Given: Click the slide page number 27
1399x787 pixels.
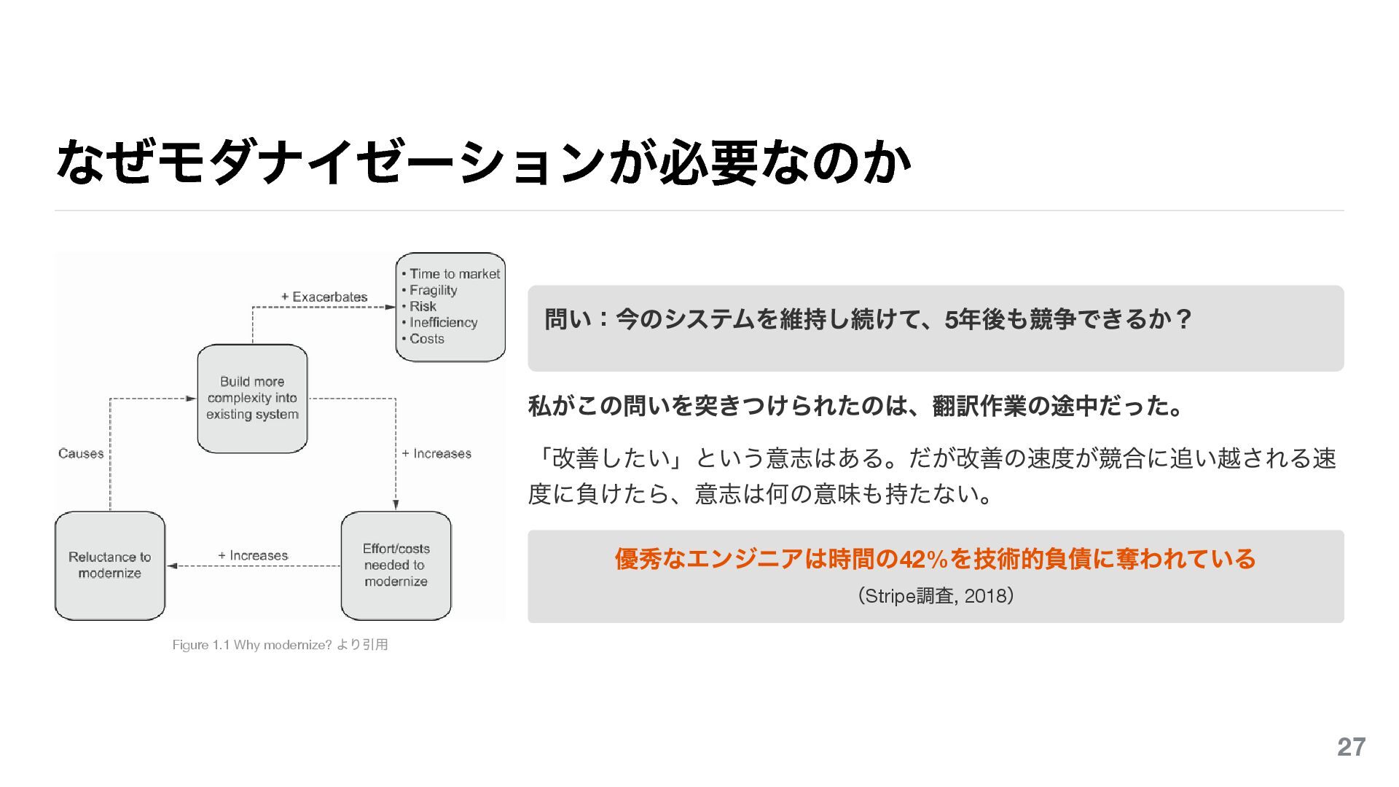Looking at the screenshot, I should click(1351, 747).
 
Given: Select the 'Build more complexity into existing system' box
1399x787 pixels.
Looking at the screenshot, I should click(252, 398).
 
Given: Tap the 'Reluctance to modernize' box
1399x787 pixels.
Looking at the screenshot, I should click(110, 565).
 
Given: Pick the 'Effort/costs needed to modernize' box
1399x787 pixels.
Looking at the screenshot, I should click(396, 565).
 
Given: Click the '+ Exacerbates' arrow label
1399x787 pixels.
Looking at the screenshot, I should click(324, 297).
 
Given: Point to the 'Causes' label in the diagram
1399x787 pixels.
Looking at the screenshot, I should click(81, 453).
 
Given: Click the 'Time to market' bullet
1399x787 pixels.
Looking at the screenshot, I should click(454, 274).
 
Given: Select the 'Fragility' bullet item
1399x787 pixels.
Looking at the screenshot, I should click(433, 290).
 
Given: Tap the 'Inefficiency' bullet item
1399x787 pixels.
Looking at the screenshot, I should click(443, 322).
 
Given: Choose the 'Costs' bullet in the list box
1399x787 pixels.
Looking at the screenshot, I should click(426, 339).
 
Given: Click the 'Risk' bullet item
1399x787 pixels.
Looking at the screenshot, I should click(423, 306).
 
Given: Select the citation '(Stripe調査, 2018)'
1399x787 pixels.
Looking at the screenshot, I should click(936, 596).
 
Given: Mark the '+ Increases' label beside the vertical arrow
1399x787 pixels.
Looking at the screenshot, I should click(436, 453).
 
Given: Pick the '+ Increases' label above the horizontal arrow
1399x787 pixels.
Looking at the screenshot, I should click(253, 555).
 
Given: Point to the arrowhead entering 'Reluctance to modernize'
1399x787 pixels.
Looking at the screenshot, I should click(172, 565).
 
